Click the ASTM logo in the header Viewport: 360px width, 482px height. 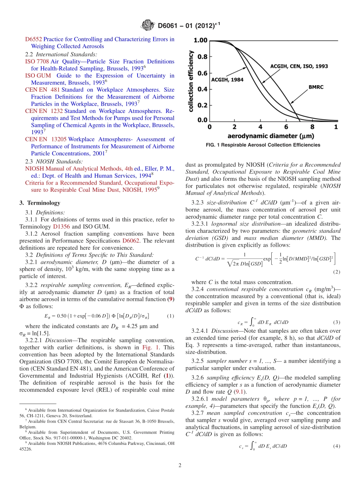(148, 26)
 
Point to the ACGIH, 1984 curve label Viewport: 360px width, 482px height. (227, 80)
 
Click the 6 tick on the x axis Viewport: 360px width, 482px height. (286, 127)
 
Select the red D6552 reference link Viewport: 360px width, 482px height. (33, 39)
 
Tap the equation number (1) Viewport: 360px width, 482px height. (170, 316)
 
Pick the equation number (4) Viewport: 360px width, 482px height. (336, 446)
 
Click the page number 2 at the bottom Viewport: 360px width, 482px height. (180, 466)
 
